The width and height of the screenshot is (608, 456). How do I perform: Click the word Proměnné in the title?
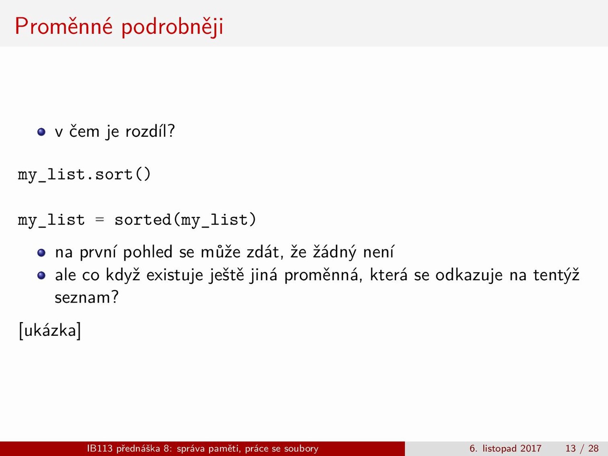point(64,26)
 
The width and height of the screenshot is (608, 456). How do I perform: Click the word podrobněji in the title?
point(172,27)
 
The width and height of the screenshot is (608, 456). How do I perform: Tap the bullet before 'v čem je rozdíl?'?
point(41,132)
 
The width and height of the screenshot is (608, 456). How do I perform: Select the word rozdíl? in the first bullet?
point(150,131)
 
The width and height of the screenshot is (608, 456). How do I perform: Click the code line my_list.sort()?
point(84,175)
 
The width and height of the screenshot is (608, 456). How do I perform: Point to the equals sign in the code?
point(99,220)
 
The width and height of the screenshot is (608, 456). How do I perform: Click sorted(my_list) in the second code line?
point(185,220)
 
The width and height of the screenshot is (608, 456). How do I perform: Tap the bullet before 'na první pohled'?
point(41,253)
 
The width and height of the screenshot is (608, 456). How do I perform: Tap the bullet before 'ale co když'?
point(41,275)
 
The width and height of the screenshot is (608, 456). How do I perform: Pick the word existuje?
point(174,275)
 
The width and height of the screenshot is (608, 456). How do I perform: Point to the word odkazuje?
point(469,275)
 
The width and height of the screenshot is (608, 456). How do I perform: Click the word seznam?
point(87,298)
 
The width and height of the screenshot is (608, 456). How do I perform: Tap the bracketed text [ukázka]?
point(50,331)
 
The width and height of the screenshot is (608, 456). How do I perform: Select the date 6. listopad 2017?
point(505,448)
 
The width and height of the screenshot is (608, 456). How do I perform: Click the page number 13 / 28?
point(582,448)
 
